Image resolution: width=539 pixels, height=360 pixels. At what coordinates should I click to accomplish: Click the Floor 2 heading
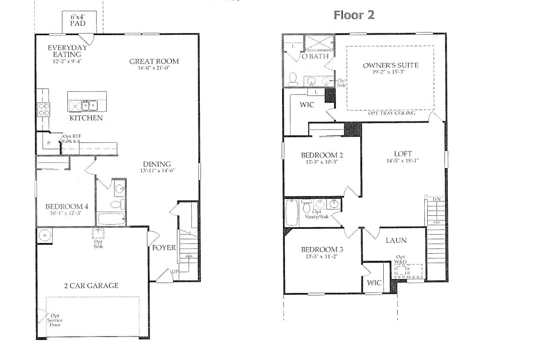click(x=354, y=15)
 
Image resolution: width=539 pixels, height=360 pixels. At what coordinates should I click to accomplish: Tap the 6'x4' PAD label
click(x=79, y=20)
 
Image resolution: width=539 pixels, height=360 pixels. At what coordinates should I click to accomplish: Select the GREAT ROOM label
click(x=154, y=61)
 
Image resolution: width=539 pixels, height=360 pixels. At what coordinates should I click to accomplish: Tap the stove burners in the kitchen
click(x=44, y=110)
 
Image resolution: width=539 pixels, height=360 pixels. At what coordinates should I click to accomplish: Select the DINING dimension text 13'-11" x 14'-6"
click(x=157, y=171)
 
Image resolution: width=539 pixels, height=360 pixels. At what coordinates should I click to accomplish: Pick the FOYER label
click(x=164, y=247)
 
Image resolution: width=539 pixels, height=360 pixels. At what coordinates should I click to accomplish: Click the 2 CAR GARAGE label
click(x=91, y=286)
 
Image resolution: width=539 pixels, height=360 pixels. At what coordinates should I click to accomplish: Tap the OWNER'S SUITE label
click(x=390, y=65)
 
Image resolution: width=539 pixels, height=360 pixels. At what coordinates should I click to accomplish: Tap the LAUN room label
click(x=396, y=240)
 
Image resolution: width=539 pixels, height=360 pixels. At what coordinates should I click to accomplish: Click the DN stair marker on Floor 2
click(x=436, y=199)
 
